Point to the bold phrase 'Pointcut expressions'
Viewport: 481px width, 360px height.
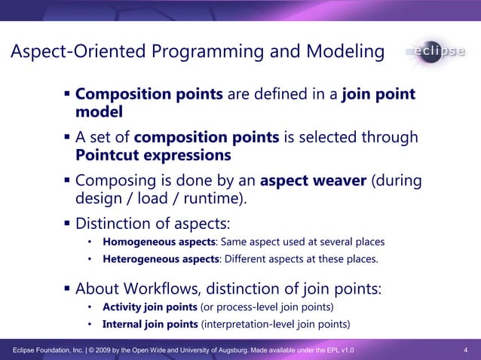click(154, 155)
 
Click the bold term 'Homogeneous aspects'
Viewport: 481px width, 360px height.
click(158, 242)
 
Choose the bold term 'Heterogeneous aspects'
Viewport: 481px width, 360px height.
click(161, 260)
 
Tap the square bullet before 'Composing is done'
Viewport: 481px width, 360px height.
click(67, 182)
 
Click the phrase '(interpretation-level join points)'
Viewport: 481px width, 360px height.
click(275, 325)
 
